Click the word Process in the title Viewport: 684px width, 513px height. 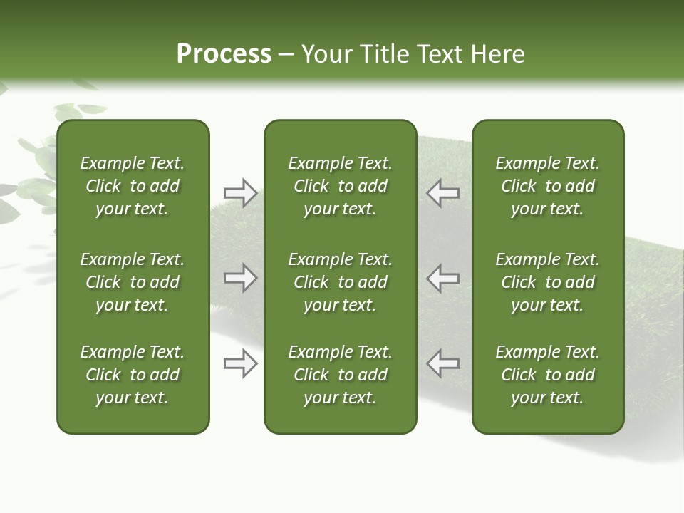coord(224,54)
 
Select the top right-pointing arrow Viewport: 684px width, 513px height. coord(240,192)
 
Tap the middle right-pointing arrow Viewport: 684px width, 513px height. coord(240,278)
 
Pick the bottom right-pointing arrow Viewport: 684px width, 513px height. coord(240,364)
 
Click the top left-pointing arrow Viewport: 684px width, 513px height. coord(442,192)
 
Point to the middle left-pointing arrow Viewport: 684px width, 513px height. coord(442,278)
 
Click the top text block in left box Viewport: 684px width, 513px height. coord(133,186)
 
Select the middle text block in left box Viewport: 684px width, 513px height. coord(133,282)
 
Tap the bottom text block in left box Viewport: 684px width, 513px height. coord(133,375)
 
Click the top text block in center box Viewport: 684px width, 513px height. coord(340,186)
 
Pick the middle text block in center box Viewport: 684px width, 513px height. coord(340,282)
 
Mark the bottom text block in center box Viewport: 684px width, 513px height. coord(340,375)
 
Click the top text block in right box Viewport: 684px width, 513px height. coord(547,186)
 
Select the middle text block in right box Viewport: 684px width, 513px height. coord(547,282)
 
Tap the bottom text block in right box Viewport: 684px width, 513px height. coord(547,375)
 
